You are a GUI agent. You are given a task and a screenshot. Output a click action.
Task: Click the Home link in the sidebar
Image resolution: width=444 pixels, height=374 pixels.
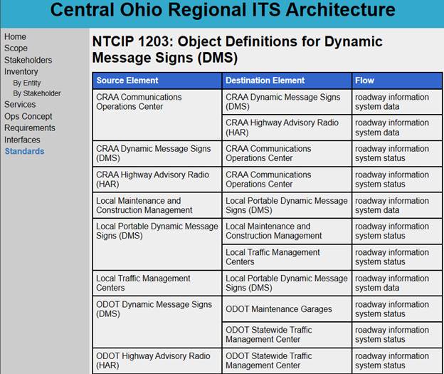pos(15,37)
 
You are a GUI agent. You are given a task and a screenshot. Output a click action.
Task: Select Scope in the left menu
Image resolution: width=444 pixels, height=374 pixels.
pos(16,48)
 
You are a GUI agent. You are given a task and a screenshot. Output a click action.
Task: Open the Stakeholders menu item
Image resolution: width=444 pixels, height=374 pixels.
pos(28,60)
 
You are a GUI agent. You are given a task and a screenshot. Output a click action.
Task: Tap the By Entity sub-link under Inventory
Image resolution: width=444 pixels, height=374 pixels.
pos(27,83)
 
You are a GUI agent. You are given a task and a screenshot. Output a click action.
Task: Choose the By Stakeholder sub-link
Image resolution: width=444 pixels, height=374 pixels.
pos(37,93)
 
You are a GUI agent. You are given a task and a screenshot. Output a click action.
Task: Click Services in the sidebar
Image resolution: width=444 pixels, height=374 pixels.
pos(20,105)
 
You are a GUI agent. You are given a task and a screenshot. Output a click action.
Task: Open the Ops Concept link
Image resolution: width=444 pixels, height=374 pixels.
pos(28,116)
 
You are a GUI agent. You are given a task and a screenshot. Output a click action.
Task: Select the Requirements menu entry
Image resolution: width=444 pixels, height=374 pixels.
pos(29,128)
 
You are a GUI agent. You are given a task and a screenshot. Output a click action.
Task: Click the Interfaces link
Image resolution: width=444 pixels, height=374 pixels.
pos(22,140)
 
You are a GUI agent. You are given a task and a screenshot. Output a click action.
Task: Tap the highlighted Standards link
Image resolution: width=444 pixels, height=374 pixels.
pos(24,151)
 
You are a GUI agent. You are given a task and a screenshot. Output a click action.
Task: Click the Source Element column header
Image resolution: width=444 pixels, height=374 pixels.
pos(127,80)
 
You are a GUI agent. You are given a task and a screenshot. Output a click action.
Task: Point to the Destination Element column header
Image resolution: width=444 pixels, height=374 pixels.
pos(265,80)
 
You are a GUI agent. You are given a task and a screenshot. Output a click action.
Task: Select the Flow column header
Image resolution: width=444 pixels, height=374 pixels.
pos(364,80)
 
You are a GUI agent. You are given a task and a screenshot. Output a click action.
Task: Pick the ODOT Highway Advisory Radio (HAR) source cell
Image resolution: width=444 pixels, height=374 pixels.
pos(153,360)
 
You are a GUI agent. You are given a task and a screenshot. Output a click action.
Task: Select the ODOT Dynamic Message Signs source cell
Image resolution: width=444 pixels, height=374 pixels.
pos(154,309)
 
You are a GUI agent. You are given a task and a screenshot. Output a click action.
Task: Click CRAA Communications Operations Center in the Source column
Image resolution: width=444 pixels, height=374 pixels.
pos(139,102)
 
